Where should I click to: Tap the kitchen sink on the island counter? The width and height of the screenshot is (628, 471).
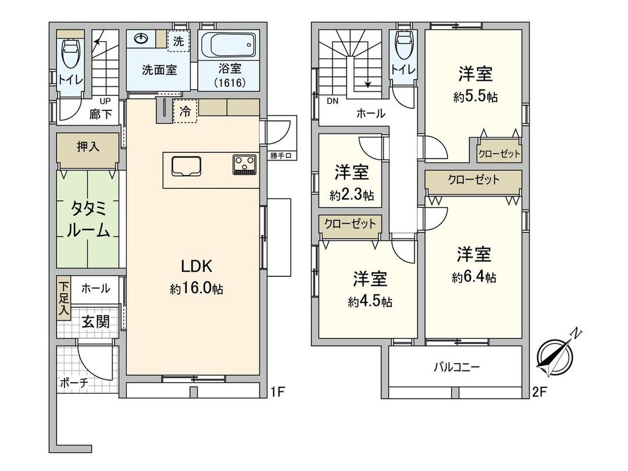click(x=186, y=166)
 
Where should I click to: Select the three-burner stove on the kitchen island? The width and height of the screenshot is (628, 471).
click(x=245, y=165)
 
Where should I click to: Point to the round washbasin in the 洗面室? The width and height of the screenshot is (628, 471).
click(x=141, y=39)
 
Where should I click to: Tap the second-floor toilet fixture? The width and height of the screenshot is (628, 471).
click(x=402, y=47)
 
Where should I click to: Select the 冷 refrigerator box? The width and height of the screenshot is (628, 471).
click(x=185, y=110)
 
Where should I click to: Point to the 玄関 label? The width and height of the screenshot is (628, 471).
click(x=95, y=322)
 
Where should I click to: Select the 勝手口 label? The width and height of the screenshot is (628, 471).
click(x=284, y=155)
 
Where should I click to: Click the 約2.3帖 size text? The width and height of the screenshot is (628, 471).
click(x=351, y=196)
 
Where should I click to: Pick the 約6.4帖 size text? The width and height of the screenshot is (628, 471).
click(x=474, y=278)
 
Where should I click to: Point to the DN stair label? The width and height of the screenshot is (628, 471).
click(x=332, y=101)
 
